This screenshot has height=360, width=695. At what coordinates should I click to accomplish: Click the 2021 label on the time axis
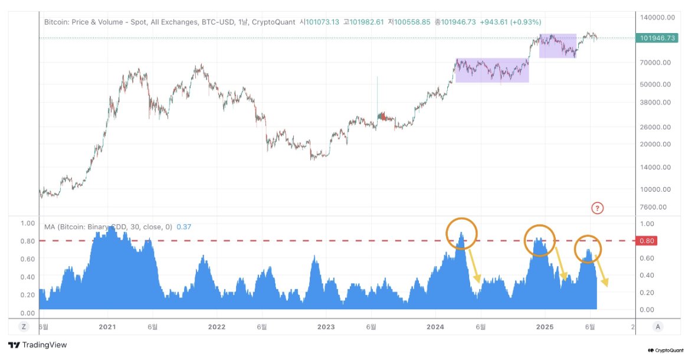coord(107,326)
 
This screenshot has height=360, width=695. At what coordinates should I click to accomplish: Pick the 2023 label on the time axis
coord(326,326)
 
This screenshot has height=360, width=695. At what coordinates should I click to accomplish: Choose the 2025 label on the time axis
coord(545,326)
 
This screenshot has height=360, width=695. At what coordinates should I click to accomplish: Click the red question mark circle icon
coord(598,208)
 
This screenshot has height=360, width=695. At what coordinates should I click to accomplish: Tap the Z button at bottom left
coord(24,326)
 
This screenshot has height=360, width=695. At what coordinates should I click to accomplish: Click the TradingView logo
coord(38,345)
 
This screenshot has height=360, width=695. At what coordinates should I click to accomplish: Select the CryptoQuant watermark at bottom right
coord(667,350)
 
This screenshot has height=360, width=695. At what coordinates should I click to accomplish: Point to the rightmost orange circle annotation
coord(588,248)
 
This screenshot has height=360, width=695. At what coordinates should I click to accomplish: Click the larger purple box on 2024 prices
coord(492,70)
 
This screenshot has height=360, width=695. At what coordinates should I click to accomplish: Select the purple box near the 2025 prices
coord(558,45)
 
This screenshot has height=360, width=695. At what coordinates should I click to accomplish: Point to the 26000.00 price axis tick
coord(656,126)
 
